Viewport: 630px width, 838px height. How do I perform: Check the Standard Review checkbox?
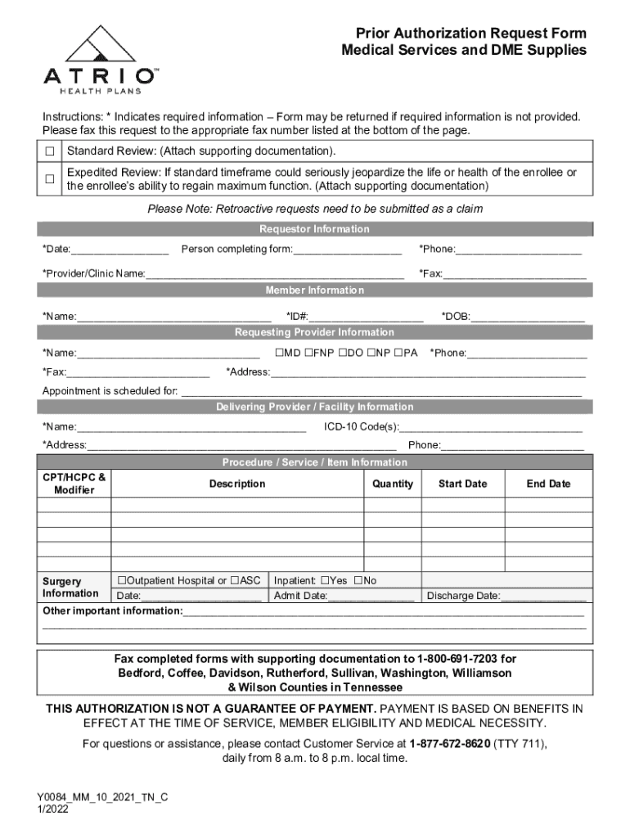tap(50, 151)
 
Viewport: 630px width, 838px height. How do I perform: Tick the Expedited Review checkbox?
tap(50, 179)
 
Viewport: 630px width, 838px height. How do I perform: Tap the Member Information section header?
tap(314, 291)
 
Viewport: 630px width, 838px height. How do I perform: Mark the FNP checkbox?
tap(308, 353)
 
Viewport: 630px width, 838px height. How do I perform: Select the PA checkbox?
tap(398, 353)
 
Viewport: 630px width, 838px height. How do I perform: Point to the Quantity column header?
tap(393, 484)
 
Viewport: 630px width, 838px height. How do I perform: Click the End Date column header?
tap(548, 484)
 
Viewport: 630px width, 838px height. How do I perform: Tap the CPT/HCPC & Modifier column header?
tap(74, 484)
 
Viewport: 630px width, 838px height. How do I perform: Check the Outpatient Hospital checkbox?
tap(121, 580)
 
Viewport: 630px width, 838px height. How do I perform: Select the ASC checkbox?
tap(235, 580)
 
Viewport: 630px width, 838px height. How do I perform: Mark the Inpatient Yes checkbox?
tap(325, 580)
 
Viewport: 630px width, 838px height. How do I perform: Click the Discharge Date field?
tap(542, 597)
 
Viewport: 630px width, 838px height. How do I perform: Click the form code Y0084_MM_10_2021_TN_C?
tap(101, 796)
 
